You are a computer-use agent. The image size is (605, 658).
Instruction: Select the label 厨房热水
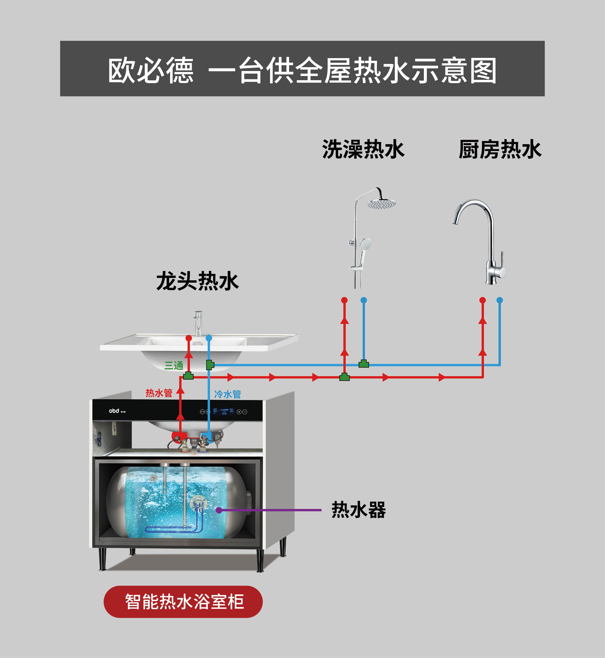click(x=500, y=150)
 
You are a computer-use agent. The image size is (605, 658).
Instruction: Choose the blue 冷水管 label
click(x=228, y=394)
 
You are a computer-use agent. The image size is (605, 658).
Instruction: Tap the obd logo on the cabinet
click(x=114, y=411)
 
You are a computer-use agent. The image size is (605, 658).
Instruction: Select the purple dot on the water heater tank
click(x=219, y=510)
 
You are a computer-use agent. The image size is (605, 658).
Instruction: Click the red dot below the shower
click(x=344, y=300)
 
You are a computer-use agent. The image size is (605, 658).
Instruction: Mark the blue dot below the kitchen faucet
click(x=500, y=300)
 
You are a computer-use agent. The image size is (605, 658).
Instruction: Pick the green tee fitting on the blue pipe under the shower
click(x=363, y=364)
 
